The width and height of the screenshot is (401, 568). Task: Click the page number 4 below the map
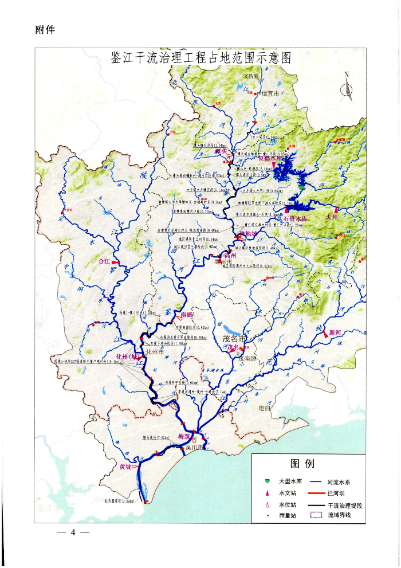[73, 532]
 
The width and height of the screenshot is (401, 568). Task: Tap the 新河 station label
[335, 332]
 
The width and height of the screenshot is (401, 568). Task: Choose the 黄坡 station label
[125, 467]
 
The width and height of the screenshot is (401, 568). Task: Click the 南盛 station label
[187, 315]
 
